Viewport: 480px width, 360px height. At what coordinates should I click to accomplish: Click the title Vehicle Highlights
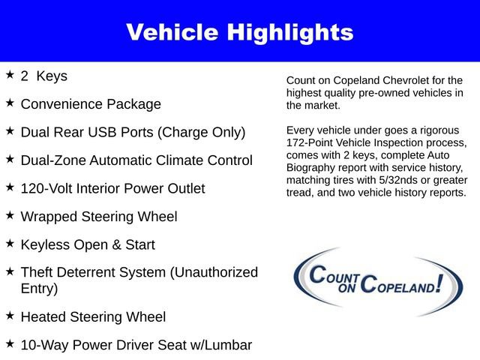pos(239,32)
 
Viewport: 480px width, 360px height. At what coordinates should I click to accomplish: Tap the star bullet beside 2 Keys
pos(10,76)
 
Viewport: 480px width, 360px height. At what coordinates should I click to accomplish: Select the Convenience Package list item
pos(91,104)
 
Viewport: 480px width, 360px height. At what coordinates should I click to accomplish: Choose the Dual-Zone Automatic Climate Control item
pos(136,160)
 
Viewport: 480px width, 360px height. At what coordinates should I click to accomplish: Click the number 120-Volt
pos(49,188)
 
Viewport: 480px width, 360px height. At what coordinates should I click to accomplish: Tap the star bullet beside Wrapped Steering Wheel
pos(10,216)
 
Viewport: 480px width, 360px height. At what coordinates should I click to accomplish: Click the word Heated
pos(44,316)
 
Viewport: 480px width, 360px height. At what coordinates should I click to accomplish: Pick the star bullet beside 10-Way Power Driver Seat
pos(10,344)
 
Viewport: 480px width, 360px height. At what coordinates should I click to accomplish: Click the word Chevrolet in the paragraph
pos(416,80)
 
